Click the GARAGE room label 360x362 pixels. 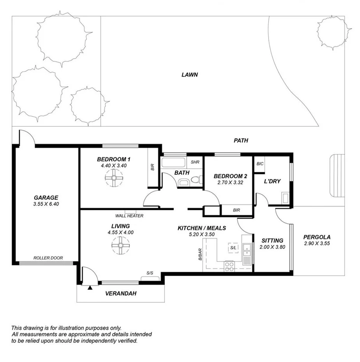coord(46,197)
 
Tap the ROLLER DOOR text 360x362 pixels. coord(48,258)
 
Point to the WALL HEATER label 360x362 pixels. coord(129,216)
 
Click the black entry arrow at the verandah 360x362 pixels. coord(90,288)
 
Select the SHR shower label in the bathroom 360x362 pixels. coord(195,162)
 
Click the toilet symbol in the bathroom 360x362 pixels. coord(197,180)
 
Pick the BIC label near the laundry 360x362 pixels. coord(260,164)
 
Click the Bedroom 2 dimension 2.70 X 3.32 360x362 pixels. coord(230,182)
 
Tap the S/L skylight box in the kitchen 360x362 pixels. coord(233,248)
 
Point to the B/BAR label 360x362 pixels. coord(200,254)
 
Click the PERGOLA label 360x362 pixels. coord(317,237)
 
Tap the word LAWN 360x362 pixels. coord(190,75)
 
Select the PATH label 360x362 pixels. coord(240,140)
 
